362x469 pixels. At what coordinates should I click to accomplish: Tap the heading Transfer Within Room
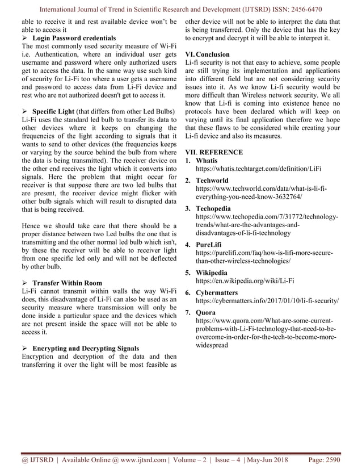pos(67,283)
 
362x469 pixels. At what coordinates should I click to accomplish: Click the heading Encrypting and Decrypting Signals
pos(85,348)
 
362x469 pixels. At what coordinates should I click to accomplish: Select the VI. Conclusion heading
pos(208,55)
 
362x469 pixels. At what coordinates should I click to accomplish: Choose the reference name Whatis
pos(207,161)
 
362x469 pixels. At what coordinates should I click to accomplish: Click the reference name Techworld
pos(212,180)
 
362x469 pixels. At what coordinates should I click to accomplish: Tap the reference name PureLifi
pos(209,245)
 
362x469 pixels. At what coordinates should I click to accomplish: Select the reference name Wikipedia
pos(212,273)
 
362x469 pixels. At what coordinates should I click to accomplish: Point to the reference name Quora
pos(206,312)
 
